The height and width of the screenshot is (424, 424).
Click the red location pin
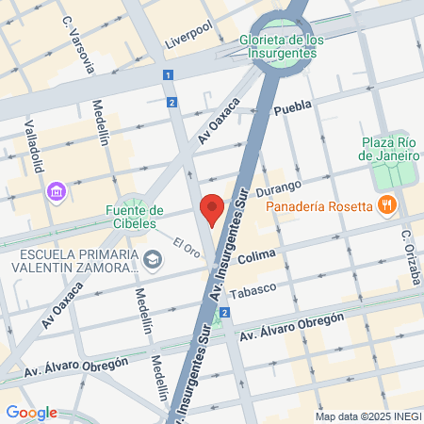[213, 209]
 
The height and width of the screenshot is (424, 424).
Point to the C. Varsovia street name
[79, 45]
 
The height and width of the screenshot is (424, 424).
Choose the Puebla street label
[292, 110]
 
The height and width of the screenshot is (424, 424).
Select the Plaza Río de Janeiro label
[389, 149]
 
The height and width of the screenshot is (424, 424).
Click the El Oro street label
[187, 248]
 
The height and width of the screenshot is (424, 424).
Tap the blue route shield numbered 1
[167, 75]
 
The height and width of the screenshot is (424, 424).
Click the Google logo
[31, 413]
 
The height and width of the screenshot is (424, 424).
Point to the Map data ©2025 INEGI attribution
[367, 416]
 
